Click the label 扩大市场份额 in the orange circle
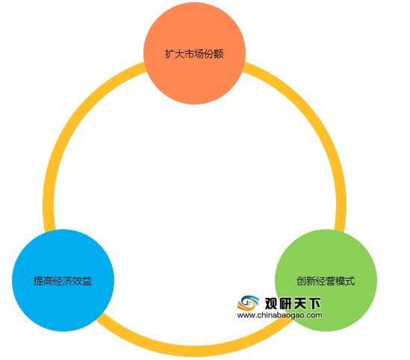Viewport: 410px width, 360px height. [x=194, y=54]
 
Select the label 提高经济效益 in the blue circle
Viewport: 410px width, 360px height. [x=63, y=281]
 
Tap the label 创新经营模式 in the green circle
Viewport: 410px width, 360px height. [x=326, y=281]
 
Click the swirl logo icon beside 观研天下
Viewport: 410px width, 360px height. [x=248, y=303]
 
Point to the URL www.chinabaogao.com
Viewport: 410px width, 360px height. [x=280, y=315]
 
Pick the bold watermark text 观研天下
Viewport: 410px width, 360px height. [x=293, y=303]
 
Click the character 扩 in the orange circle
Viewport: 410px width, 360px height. [x=170, y=54]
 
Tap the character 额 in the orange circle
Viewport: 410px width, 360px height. [x=219, y=54]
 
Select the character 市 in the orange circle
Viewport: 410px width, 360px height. [x=189, y=54]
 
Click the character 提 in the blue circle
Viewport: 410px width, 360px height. [x=38, y=281]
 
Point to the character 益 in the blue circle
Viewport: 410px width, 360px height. [x=87, y=281]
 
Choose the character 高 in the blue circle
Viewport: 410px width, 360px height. [x=48, y=281]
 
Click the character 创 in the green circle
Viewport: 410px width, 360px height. [x=301, y=281]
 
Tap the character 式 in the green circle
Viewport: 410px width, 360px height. [x=350, y=281]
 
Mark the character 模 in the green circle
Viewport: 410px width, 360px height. [x=341, y=281]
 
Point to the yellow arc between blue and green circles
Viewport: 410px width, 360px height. [x=194, y=351]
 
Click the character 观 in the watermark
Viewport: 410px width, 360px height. [x=271, y=303]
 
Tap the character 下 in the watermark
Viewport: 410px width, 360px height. [x=314, y=303]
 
